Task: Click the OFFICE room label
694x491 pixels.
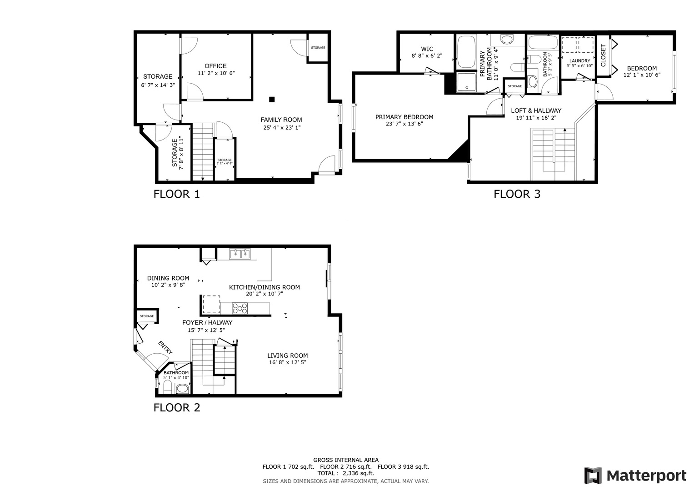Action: pos(215,66)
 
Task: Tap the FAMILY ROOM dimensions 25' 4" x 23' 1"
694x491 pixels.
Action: pos(282,128)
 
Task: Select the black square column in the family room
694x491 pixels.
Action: pos(272,100)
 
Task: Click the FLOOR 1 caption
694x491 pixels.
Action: pos(176,194)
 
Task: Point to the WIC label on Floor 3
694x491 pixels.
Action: pos(427,49)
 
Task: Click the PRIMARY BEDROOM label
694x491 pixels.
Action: pos(404,117)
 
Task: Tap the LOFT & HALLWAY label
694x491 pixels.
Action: pos(536,110)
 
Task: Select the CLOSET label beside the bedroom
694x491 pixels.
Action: pos(603,55)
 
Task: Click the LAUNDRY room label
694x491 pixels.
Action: pos(579,60)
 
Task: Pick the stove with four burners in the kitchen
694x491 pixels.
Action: pos(240,308)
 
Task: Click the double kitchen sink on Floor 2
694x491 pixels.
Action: pos(240,254)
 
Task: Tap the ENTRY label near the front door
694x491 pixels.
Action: pos(165,347)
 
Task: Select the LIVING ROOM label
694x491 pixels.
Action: pos(287,356)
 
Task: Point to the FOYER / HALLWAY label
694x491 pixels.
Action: pos(207,322)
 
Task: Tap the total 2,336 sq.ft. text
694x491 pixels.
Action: pos(346,473)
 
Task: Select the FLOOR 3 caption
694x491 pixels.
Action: pos(517,194)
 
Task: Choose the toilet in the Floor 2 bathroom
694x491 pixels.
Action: pos(167,388)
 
